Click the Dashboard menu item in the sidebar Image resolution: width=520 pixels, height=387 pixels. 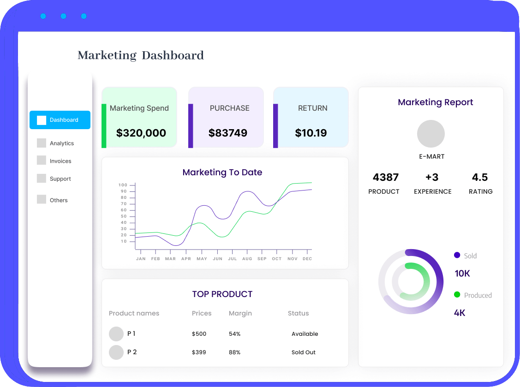(60, 120)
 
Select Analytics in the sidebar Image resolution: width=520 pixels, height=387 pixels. (62, 143)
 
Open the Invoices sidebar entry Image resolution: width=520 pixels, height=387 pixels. (60, 161)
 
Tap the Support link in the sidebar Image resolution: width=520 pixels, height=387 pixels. (60, 179)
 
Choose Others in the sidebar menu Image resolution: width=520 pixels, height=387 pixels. (59, 200)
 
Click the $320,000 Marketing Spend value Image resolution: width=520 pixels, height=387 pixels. (141, 133)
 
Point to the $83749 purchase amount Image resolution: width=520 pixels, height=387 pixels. (228, 133)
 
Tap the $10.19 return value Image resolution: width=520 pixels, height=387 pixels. (311, 133)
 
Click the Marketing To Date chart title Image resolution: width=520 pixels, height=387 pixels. (222, 173)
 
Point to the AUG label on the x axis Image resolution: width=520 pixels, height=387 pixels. (247, 259)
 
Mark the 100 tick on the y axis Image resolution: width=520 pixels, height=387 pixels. (123, 185)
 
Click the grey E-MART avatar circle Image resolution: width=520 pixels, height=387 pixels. (431, 134)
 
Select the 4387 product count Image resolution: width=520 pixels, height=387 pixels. (386, 177)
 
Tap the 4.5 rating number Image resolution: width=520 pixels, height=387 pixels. (480, 177)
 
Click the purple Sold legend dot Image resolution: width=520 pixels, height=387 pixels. (457, 255)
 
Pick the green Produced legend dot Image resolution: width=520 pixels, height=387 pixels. (457, 294)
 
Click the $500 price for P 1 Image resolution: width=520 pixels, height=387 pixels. (199, 334)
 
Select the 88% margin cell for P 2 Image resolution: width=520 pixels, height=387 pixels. (234, 352)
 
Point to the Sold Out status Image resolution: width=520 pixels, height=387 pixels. (304, 352)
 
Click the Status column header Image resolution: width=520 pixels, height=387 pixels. (298, 313)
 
